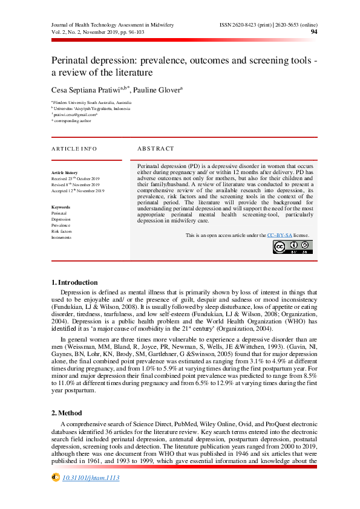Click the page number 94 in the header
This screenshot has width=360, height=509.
coord(314,31)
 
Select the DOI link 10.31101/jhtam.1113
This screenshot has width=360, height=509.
coord(91,478)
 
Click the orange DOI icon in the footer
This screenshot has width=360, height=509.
coord(56,477)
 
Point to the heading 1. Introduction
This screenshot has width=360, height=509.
coord(74,282)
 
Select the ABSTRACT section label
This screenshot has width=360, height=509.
coord(155,149)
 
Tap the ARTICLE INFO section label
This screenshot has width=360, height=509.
coord(73,149)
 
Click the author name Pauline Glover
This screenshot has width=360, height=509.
coord(158,89)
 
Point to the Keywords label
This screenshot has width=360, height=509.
coord(61,207)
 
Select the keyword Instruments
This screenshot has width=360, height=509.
coord(61,238)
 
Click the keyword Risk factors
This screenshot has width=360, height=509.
coord(62,232)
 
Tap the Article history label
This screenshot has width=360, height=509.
coord(64,173)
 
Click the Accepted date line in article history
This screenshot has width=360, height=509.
coord(78,191)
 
